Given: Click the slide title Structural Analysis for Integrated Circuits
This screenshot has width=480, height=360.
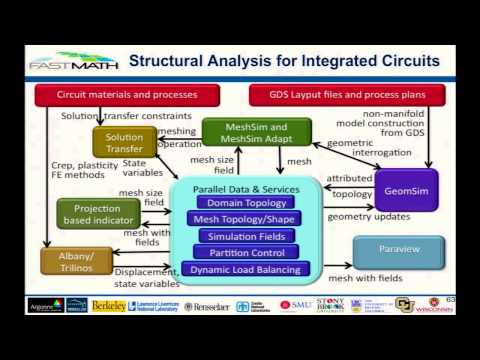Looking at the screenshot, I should [285, 62].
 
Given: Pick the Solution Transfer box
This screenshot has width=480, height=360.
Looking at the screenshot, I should [125, 141].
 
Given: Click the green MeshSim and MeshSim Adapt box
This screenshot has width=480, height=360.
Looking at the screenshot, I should [256, 132].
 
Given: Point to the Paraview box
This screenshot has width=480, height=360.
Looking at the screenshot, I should [398, 250].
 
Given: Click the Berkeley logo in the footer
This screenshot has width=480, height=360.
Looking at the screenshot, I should [109, 305].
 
